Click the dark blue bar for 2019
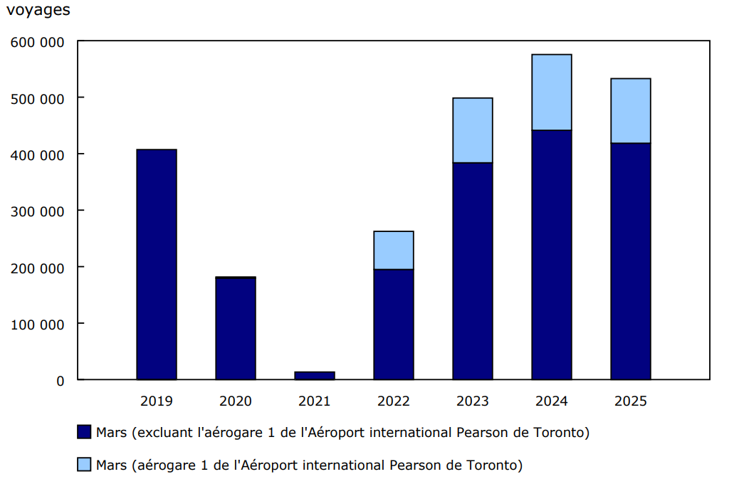[x=157, y=264]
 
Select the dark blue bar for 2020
[x=236, y=328]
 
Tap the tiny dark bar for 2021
[x=315, y=375]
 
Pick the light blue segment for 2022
[x=394, y=250]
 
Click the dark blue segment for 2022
[x=394, y=325]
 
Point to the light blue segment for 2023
[x=473, y=130]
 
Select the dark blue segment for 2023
[x=473, y=271]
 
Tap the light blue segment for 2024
[x=552, y=92]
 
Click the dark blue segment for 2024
[x=552, y=255]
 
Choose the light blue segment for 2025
[x=631, y=110]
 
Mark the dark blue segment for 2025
[x=631, y=261]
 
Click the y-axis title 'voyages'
[x=38, y=11]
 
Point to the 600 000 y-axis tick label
[x=37, y=42]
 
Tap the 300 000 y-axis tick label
[x=37, y=211]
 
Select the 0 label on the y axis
[x=61, y=381]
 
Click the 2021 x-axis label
[x=315, y=401]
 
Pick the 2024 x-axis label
[x=552, y=401]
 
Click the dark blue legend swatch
[x=84, y=432]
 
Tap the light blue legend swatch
[x=84, y=465]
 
